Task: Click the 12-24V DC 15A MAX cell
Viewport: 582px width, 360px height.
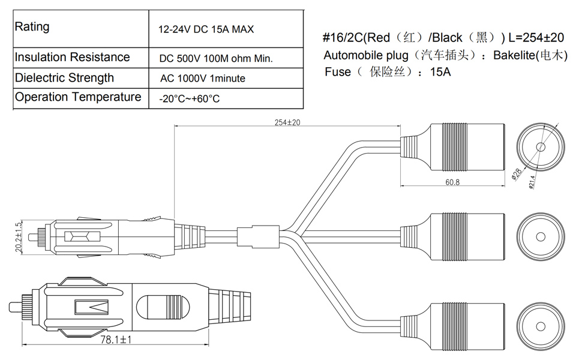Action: tap(206, 29)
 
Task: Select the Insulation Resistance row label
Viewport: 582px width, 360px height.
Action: tap(73, 57)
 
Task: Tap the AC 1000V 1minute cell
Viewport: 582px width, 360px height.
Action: tap(203, 79)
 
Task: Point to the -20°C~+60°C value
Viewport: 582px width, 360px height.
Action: tap(189, 99)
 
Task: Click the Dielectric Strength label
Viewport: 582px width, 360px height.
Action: tap(64, 77)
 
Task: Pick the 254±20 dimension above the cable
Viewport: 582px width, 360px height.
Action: tap(287, 122)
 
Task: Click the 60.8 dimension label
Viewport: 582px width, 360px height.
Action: tap(452, 182)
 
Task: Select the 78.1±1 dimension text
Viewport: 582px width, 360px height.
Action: tap(116, 339)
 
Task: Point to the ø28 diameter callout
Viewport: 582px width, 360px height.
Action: tap(517, 173)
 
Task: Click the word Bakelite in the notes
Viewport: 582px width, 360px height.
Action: tap(514, 55)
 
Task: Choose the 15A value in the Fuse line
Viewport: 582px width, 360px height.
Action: tap(440, 71)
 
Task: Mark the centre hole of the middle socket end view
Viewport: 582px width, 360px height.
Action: tap(541, 236)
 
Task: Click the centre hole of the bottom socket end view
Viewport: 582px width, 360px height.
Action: tap(541, 326)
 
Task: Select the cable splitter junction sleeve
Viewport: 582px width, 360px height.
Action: tap(258, 236)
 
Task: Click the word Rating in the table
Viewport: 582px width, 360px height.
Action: tap(32, 27)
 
